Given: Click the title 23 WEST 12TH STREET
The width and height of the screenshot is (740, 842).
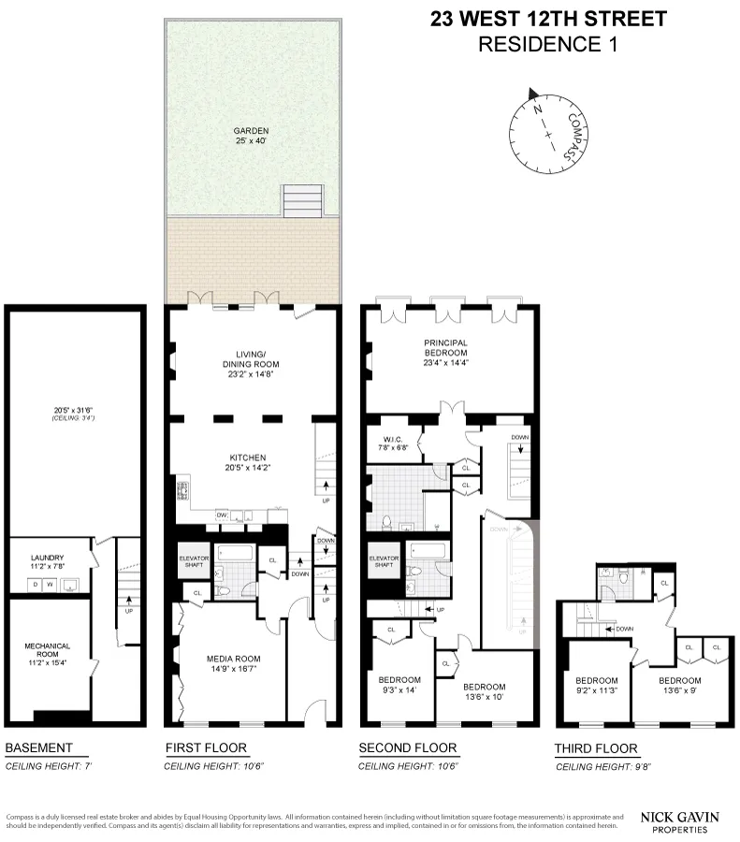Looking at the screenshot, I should (549, 19).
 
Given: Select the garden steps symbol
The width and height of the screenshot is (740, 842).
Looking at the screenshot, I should (304, 199).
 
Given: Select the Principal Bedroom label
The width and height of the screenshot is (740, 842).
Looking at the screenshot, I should (444, 349).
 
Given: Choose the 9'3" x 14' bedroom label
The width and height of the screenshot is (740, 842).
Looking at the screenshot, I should (399, 685).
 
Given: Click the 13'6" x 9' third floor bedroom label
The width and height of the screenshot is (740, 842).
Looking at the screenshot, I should (680, 686).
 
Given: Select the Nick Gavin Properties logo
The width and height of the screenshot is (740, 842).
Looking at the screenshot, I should (679, 821).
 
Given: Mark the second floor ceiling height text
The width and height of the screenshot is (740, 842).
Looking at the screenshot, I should (408, 766).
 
